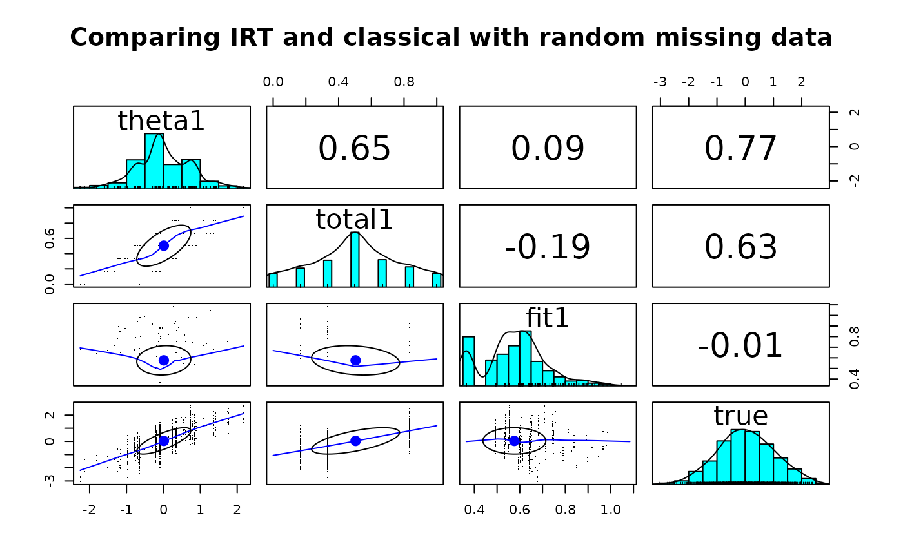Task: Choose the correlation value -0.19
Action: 548,247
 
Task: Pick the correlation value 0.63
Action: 740,247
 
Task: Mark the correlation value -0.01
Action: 740,345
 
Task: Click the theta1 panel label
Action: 161,121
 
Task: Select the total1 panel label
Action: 354,220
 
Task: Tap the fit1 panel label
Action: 548,318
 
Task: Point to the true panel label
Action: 740,416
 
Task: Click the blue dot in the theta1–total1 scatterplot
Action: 163,245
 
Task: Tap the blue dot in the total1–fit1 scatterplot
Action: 355,360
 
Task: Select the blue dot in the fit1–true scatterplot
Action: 514,441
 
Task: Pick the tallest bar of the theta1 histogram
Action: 154,160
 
